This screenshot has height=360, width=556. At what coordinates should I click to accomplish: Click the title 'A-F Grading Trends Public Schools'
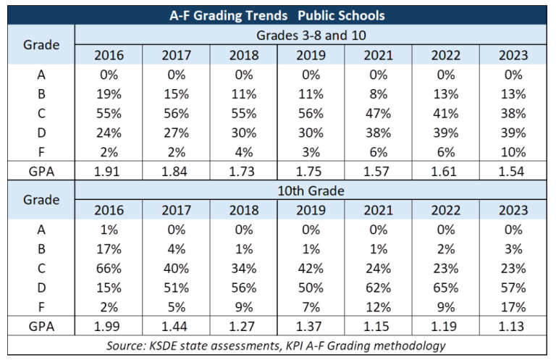[x=278, y=14]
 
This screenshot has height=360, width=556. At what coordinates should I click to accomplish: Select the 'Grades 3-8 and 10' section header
[x=311, y=35]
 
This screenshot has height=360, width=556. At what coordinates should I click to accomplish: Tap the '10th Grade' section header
[x=311, y=191]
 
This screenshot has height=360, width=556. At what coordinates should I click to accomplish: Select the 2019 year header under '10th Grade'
[x=311, y=210]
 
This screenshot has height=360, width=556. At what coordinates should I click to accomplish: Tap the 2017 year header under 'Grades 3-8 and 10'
[x=176, y=54]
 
